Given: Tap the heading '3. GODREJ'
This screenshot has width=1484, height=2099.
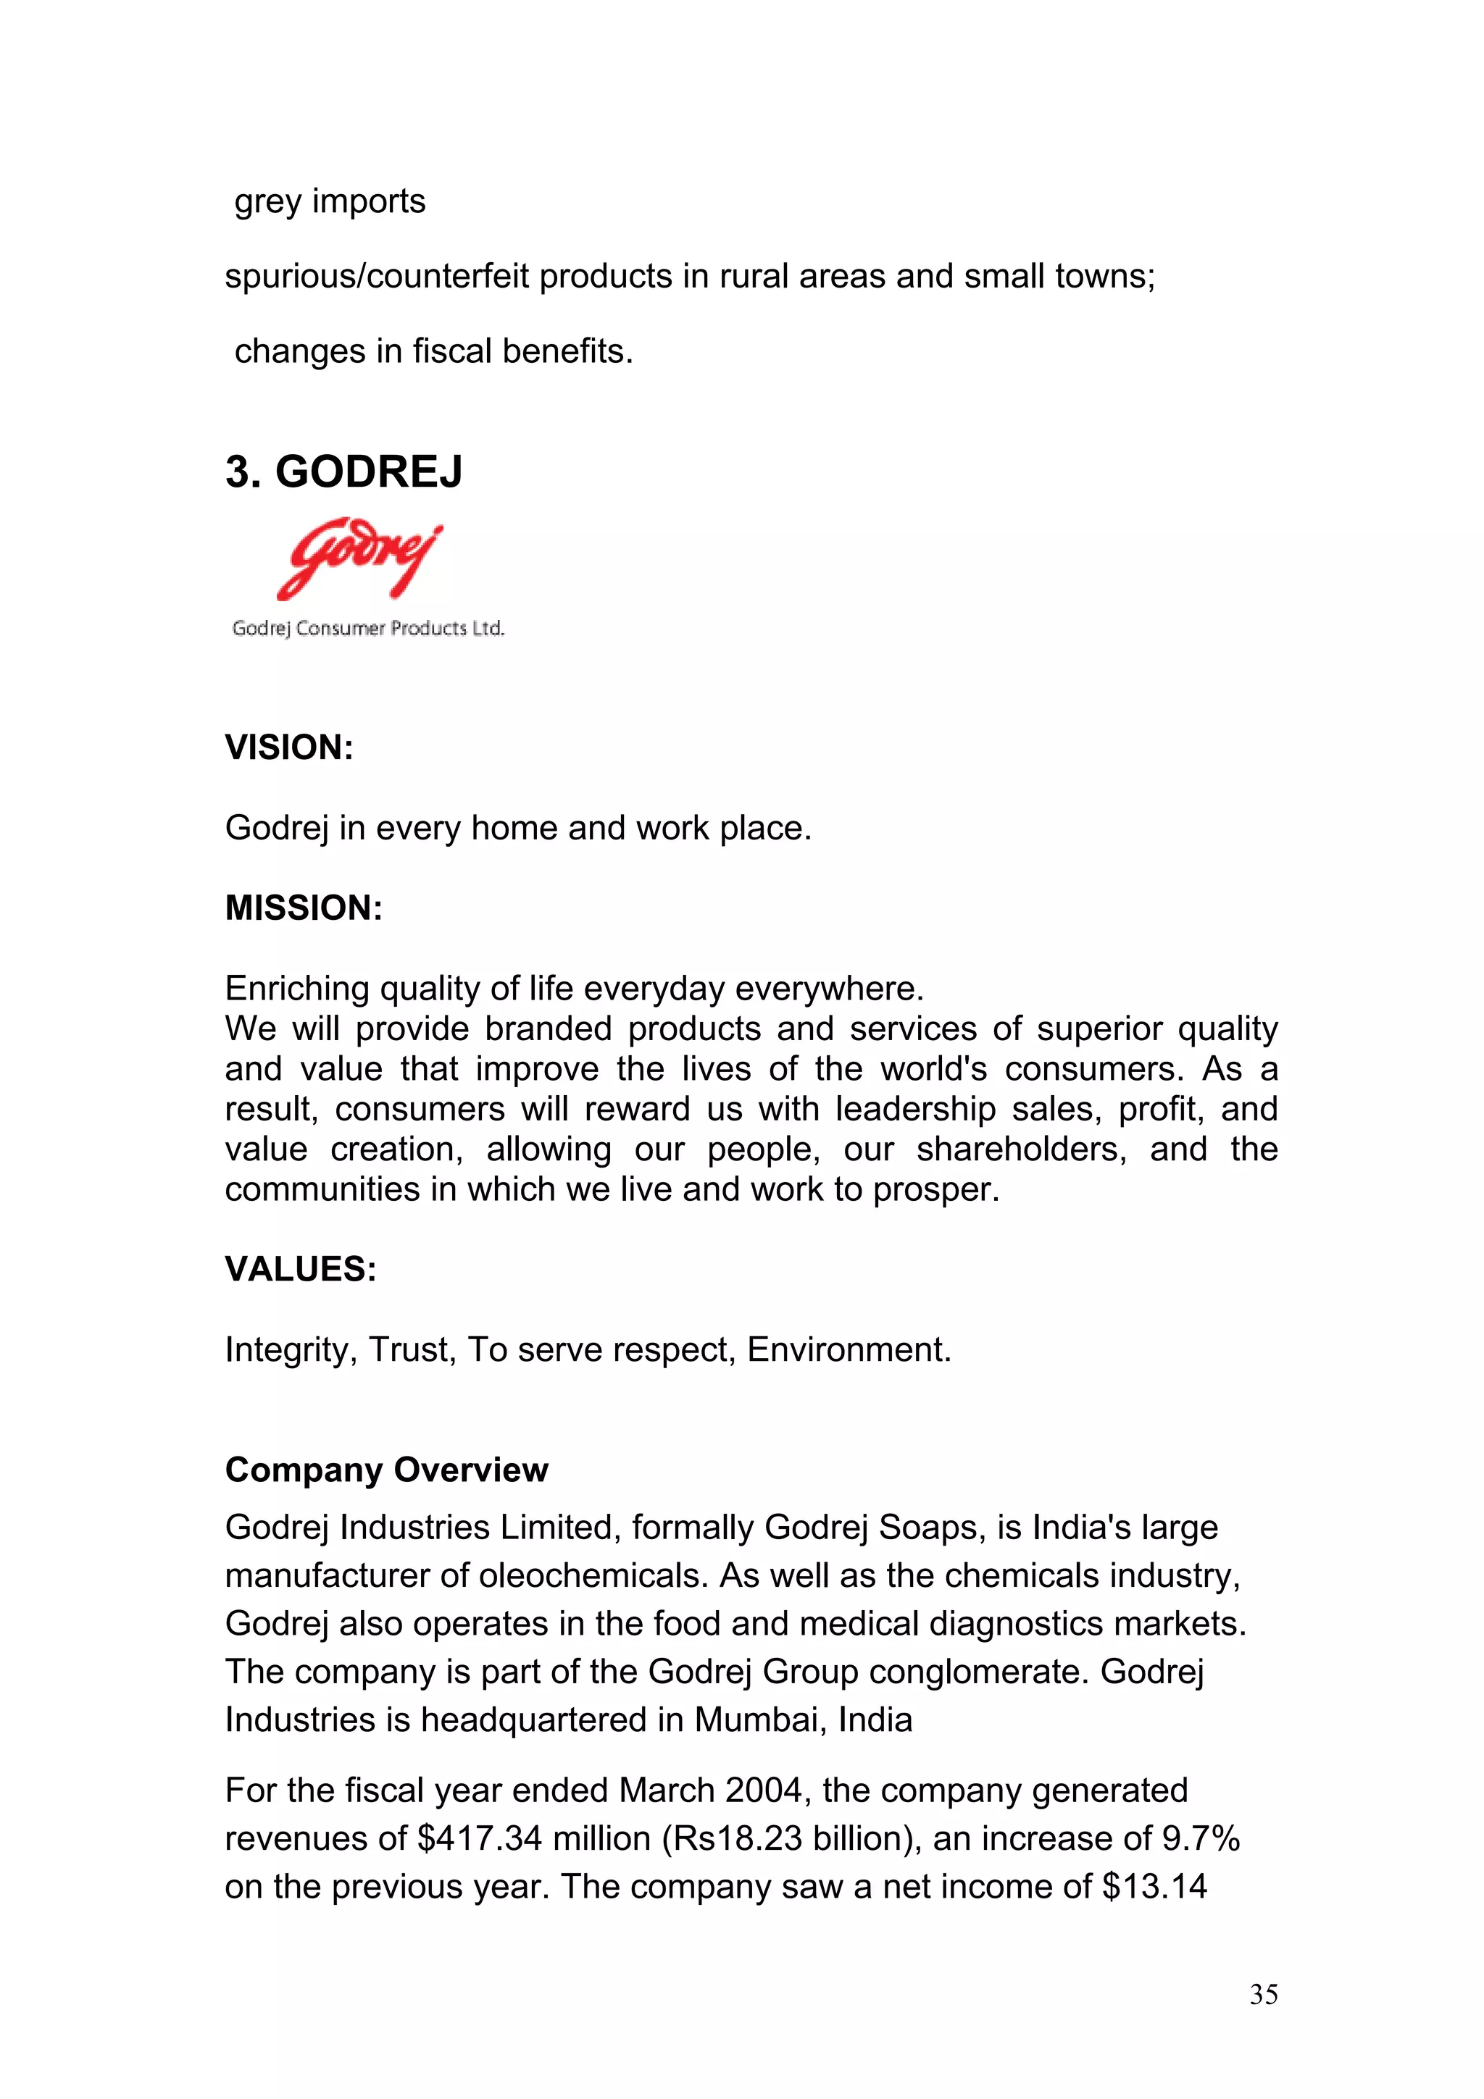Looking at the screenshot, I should (x=343, y=473).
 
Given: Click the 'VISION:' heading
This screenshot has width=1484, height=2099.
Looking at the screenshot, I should (x=289, y=747).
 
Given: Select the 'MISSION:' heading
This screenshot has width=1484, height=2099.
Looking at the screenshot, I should (x=304, y=909).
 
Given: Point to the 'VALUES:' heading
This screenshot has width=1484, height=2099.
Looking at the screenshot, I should (x=301, y=1269).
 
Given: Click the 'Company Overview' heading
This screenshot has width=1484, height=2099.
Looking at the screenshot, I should (x=386, y=1470).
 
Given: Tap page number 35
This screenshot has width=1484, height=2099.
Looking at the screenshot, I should (x=1263, y=1995).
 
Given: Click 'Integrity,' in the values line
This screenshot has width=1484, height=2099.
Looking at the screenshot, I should (x=291, y=1349).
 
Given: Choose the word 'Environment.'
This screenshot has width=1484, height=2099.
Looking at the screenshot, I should (x=849, y=1349).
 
